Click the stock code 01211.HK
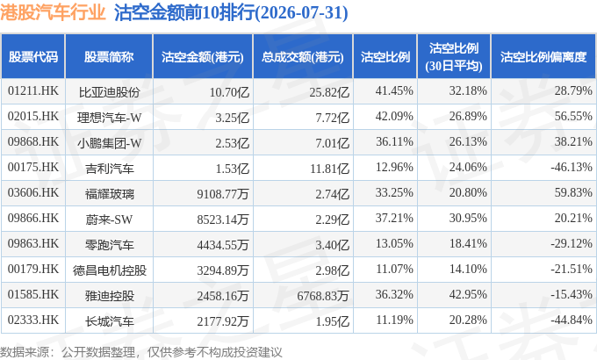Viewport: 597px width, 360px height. click(x=33, y=91)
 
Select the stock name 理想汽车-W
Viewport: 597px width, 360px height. click(x=109, y=118)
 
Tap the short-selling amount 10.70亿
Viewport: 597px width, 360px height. click(x=230, y=92)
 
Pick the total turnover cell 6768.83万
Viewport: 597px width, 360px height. click(x=323, y=296)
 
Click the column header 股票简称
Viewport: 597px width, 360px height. click(x=109, y=57)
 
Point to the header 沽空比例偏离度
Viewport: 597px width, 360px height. click(x=543, y=57)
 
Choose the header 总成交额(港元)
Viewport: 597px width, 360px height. click(x=303, y=57)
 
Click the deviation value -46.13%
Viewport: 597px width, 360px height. click(x=572, y=167)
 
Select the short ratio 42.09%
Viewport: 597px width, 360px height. click(x=394, y=116)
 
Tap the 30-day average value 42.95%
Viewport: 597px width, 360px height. click(x=468, y=294)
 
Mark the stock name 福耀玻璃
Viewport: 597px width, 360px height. click(x=109, y=194)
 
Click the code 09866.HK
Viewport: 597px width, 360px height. click(x=33, y=219)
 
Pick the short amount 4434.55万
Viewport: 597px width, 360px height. click(x=223, y=245)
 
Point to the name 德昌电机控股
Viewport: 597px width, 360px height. click(x=109, y=270)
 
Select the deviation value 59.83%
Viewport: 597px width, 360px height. click(x=573, y=193)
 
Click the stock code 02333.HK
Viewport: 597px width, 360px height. click(x=33, y=320)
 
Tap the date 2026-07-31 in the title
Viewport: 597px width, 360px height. click(x=301, y=12)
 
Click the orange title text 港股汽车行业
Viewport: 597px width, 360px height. click(x=53, y=12)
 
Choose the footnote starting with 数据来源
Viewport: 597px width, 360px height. click(x=140, y=352)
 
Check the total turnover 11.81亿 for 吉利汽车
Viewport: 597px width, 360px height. click(x=330, y=169)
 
